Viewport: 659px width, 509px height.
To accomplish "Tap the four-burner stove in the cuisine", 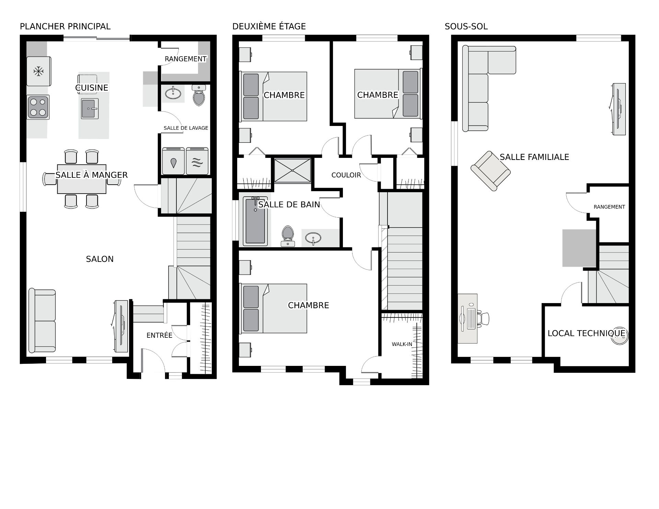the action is (x=38, y=107).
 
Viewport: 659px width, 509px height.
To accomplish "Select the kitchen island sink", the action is (x=90, y=108).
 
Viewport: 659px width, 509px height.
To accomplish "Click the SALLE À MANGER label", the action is (x=92, y=175).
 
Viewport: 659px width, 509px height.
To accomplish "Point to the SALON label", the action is (x=100, y=259).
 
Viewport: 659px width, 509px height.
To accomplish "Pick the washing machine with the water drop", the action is (x=173, y=161).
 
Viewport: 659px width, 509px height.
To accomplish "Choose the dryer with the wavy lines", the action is (x=197, y=161).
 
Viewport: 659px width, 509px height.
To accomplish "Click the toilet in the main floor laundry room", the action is (x=199, y=95).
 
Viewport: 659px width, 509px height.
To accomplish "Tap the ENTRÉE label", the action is (x=160, y=335).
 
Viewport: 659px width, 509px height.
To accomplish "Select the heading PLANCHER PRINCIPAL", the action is (x=65, y=26).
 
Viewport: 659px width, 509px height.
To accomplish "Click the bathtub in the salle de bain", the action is (x=255, y=221).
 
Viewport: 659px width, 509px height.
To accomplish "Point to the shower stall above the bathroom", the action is (x=293, y=171).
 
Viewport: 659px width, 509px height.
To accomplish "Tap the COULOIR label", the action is (x=346, y=175).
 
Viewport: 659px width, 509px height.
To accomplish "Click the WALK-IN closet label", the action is (x=402, y=344).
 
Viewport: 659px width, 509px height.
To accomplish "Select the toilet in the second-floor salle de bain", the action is (x=288, y=236).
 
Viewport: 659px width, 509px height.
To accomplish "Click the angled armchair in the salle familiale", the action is (x=490, y=171).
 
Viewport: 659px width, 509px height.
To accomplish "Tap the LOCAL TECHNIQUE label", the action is (x=587, y=333).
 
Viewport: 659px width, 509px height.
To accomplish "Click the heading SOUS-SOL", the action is (x=466, y=26).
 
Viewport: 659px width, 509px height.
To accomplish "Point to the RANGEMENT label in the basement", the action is (x=609, y=207).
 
